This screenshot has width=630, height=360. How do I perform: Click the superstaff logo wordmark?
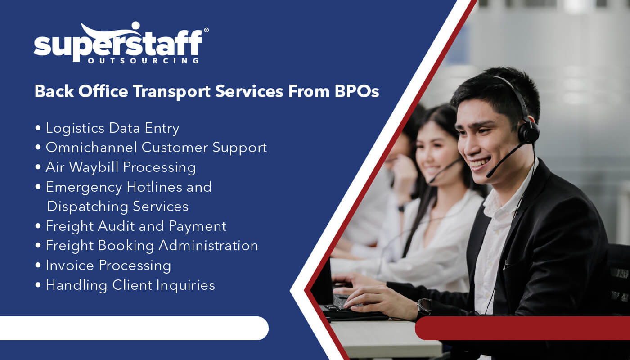pos(118,44)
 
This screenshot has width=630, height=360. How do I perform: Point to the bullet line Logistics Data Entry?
pos(112,128)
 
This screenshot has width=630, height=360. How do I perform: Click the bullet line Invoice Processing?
pos(108,265)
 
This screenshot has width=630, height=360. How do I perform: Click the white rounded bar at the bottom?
pos(134,328)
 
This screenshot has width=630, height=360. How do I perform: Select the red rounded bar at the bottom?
pos(522,328)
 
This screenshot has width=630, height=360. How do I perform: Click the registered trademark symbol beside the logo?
pos(206,30)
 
